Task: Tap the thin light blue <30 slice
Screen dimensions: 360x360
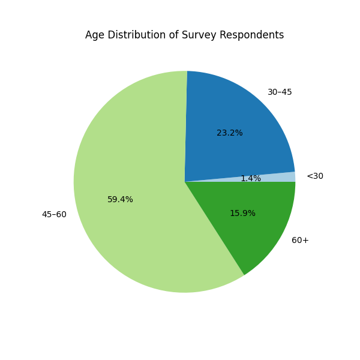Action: (x=282, y=177)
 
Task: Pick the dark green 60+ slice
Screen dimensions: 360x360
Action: (x=258, y=234)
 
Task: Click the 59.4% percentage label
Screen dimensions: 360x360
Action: (x=120, y=200)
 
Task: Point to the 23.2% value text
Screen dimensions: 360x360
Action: (x=230, y=133)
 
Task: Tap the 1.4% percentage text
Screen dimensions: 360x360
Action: (x=251, y=179)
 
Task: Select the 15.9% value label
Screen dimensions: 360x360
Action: (x=242, y=214)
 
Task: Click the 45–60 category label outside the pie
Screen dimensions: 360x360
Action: (x=54, y=215)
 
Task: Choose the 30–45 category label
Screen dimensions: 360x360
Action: (x=280, y=92)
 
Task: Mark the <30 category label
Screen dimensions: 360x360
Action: (x=315, y=176)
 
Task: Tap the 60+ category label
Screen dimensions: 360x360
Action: (x=300, y=241)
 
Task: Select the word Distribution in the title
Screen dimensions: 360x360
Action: (x=135, y=35)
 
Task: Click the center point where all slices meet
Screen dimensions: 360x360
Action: (x=185, y=182)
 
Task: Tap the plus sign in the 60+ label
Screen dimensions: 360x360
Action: (x=306, y=241)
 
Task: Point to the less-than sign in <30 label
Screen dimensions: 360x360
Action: (x=310, y=176)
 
